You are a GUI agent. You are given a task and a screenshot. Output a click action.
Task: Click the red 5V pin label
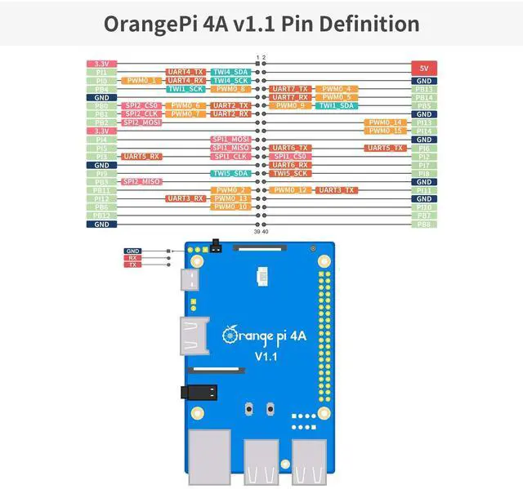click(423, 68)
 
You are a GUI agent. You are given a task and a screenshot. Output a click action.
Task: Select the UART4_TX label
click(186, 72)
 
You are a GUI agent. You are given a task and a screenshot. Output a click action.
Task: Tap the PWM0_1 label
click(141, 80)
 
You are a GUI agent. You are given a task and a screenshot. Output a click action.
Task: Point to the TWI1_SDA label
click(336, 105)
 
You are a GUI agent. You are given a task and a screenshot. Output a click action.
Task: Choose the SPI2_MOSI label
click(141, 122)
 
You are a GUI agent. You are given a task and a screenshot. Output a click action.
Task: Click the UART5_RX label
click(141, 156)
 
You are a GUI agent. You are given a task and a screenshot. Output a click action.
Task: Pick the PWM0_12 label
click(291, 189)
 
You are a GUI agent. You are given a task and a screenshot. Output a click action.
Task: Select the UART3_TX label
click(336, 189)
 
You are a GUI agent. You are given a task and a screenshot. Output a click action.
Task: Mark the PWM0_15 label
click(384, 131)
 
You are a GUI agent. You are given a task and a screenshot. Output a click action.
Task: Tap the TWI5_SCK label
click(291, 173)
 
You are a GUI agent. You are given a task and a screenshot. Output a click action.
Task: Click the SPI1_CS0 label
click(291, 156)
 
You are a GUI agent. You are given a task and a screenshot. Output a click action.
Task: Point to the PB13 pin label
click(423, 89)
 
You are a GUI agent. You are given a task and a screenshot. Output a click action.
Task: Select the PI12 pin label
click(101, 198)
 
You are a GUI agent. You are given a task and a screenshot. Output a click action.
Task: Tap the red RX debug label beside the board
click(133, 258)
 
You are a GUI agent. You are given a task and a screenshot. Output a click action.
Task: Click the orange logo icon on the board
click(230, 333)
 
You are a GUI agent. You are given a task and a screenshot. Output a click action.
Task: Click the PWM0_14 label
click(384, 122)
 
